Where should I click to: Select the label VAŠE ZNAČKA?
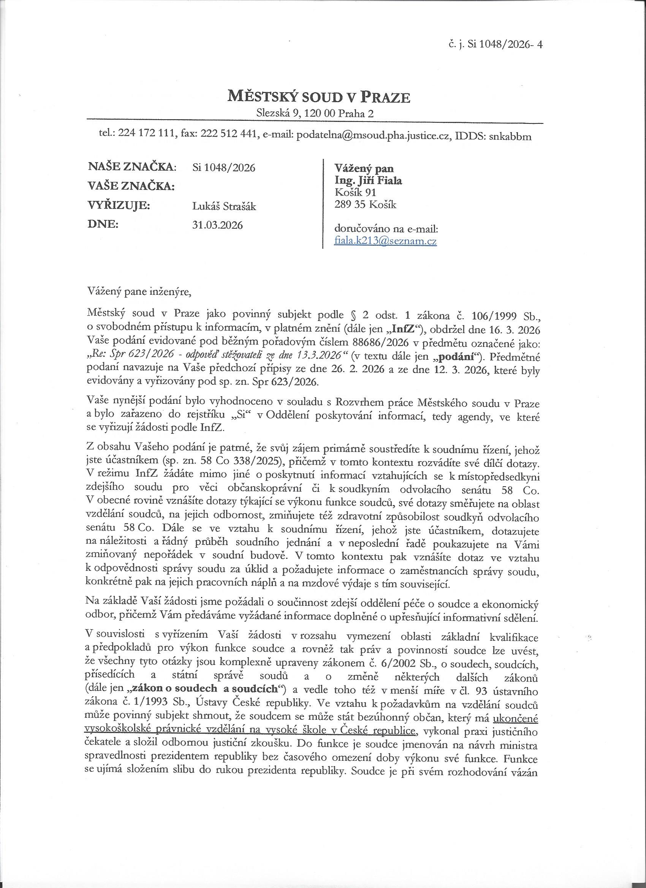tap(131, 186)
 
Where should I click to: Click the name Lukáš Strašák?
tap(225, 206)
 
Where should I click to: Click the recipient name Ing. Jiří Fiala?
tap(368, 180)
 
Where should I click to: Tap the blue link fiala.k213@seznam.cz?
tap(385, 241)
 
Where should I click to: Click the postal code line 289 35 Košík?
tap(365, 204)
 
